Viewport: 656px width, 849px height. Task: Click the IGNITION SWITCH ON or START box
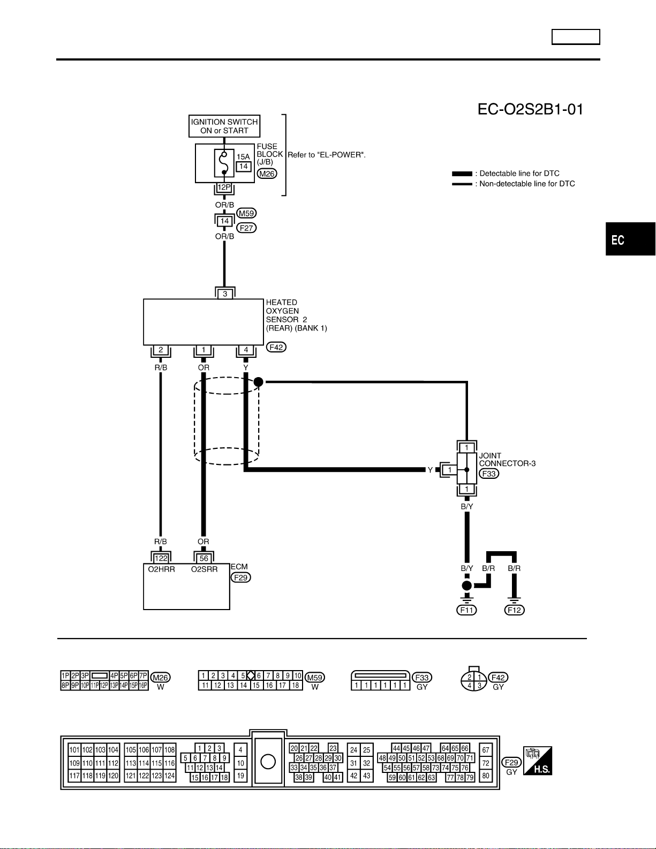click(x=224, y=126)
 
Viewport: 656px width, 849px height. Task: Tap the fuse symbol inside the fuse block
click(x=224, y=163)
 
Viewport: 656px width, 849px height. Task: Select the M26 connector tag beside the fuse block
click(x=267, y=174)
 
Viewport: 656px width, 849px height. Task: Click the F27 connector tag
click(x=246, y=228)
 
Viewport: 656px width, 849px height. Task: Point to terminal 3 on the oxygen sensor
click(x=225, y=294)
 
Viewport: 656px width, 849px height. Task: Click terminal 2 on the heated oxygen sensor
click(x=161, y=350)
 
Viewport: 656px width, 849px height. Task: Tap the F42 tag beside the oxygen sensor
click(x=276, y=347)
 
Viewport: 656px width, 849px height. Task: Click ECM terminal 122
click(x=161, y=558)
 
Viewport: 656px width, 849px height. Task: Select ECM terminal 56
click(x=204, y=558)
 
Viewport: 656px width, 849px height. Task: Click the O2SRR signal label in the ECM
click(x=204, y=569)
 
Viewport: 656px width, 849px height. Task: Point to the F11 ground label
click(x=466, y=610)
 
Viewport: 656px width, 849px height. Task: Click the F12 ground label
click(x=514, y=610)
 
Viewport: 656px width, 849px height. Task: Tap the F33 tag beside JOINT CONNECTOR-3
click(x=489, y=474)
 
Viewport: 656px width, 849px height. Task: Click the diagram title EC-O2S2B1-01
click(x=530, y=109)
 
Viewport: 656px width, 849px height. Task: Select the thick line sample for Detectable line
click(x=462, y=174)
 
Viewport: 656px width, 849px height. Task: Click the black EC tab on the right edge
click(x=631, y=239)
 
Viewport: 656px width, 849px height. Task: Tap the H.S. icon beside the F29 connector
click(x=537, y=760)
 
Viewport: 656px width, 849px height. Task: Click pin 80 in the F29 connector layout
click(x=485, y=776)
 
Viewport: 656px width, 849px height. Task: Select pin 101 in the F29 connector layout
click(x=74, y=750)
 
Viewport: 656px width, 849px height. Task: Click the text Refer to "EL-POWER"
click(x=327, y=155)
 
